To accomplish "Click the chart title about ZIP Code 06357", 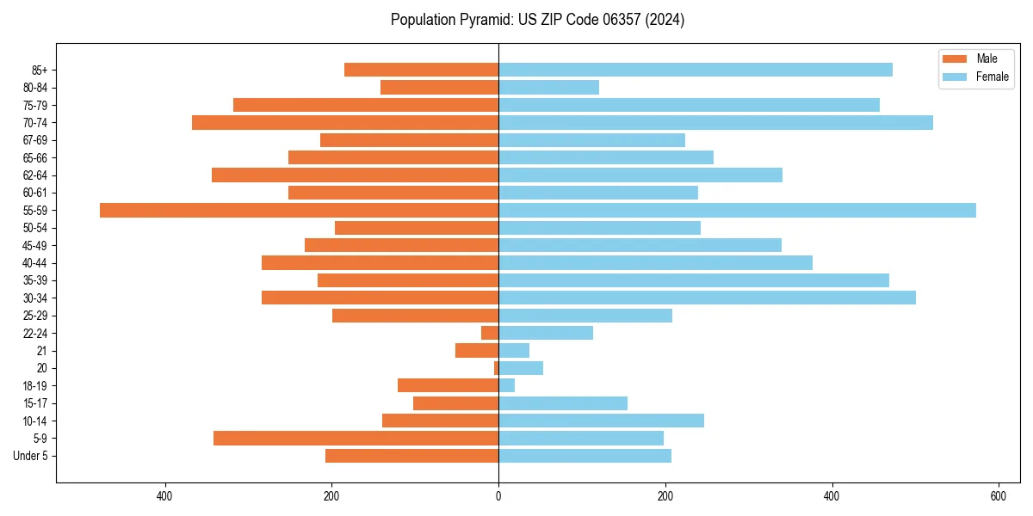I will (x=537, y=20).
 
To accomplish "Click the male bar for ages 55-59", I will (x=299, y=210).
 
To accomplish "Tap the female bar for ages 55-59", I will (x=737, y=210).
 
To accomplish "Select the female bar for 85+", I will (x=696, y=70).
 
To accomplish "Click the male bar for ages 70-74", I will (x=345, y=122).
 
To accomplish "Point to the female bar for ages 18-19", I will (x=506, y=385).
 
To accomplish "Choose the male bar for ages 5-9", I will (x=356, y=438).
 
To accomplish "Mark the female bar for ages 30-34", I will (x=707, y=298).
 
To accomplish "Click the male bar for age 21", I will (x=477, y=350).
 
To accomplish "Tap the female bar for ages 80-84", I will (x=548, y=87).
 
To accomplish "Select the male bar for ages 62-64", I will (x=355, y=175).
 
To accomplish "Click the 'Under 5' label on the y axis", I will (x=30, y=456).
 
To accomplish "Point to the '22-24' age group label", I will (x=34, y=333).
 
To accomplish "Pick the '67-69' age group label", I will (x=34, y=140).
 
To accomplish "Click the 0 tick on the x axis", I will (x=498, y=495).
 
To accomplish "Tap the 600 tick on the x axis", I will (x=998, y=495).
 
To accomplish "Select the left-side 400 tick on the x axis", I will (x=165, y=495).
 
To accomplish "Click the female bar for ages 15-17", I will (x=563, y=402).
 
